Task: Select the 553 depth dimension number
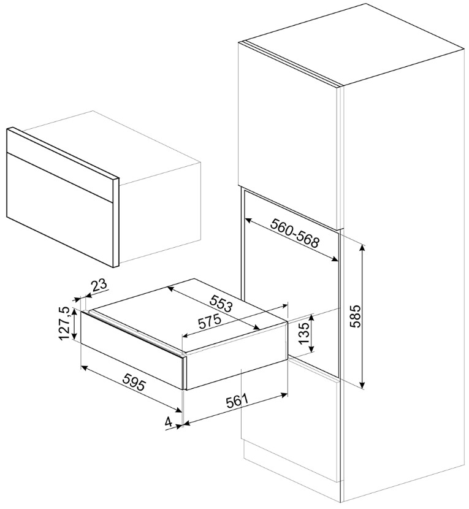(221, 303)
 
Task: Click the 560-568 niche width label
(296, 233)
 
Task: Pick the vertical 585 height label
(356, 316)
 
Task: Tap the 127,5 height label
(64, 323)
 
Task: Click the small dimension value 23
(99, 285)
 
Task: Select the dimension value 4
(169, 422)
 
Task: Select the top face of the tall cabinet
(354, 44)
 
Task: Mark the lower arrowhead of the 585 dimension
(362, 385)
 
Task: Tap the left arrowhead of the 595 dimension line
(83, 368)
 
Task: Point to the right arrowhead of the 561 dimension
(284, 395)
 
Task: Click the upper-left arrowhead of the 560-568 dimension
(248, 221)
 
